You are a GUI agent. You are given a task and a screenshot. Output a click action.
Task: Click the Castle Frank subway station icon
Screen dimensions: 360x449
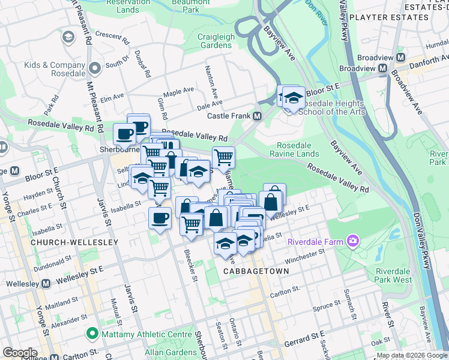point(258,116)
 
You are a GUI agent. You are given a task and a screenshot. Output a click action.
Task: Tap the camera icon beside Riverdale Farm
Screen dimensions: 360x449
point(352,242)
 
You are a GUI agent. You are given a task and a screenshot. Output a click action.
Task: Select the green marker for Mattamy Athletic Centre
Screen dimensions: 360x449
point(92,332)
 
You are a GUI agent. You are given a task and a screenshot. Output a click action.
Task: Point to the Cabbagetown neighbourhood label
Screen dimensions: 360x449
point(256,271)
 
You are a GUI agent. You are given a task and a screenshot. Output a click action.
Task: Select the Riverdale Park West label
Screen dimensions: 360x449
point(394,275)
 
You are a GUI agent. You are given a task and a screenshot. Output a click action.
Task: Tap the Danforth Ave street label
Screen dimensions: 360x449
point(427,59)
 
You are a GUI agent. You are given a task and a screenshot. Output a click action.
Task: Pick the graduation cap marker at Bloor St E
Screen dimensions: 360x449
point(294,97)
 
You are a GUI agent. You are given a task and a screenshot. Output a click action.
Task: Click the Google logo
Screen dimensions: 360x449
point(20,353)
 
